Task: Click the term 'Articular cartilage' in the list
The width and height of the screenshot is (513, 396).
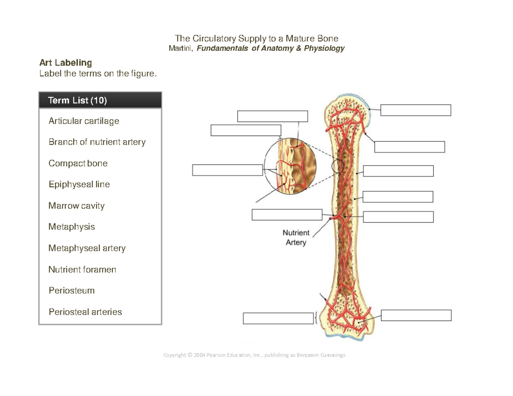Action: coord(84,121)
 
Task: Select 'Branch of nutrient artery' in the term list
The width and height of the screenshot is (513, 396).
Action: coord(97,142)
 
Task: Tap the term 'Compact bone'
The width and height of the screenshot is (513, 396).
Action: coord(78,163)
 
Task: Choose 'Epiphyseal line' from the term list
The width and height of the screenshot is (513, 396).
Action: coord(79,185)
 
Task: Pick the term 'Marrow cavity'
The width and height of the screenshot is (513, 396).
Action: coord(77,206)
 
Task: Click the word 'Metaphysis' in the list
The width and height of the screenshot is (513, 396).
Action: coord(72,227)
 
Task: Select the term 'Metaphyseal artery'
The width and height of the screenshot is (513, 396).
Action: coord(87,248)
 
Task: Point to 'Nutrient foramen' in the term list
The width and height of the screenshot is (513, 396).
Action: coord(82,270)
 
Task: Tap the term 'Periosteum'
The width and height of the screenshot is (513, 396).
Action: coord(71,290)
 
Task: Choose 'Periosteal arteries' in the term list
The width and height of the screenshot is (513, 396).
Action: coord(85,312)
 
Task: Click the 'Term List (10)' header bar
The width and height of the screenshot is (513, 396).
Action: coord(100,100)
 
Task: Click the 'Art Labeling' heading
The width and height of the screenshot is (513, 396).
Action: coord(65,63)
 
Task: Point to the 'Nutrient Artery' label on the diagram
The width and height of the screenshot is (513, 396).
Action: coord(296,238)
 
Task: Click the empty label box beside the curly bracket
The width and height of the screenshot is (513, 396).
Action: coord(278,318)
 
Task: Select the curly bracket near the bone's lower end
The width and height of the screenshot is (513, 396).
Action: coord(316,318)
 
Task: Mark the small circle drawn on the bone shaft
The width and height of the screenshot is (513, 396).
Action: coord(338,166)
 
